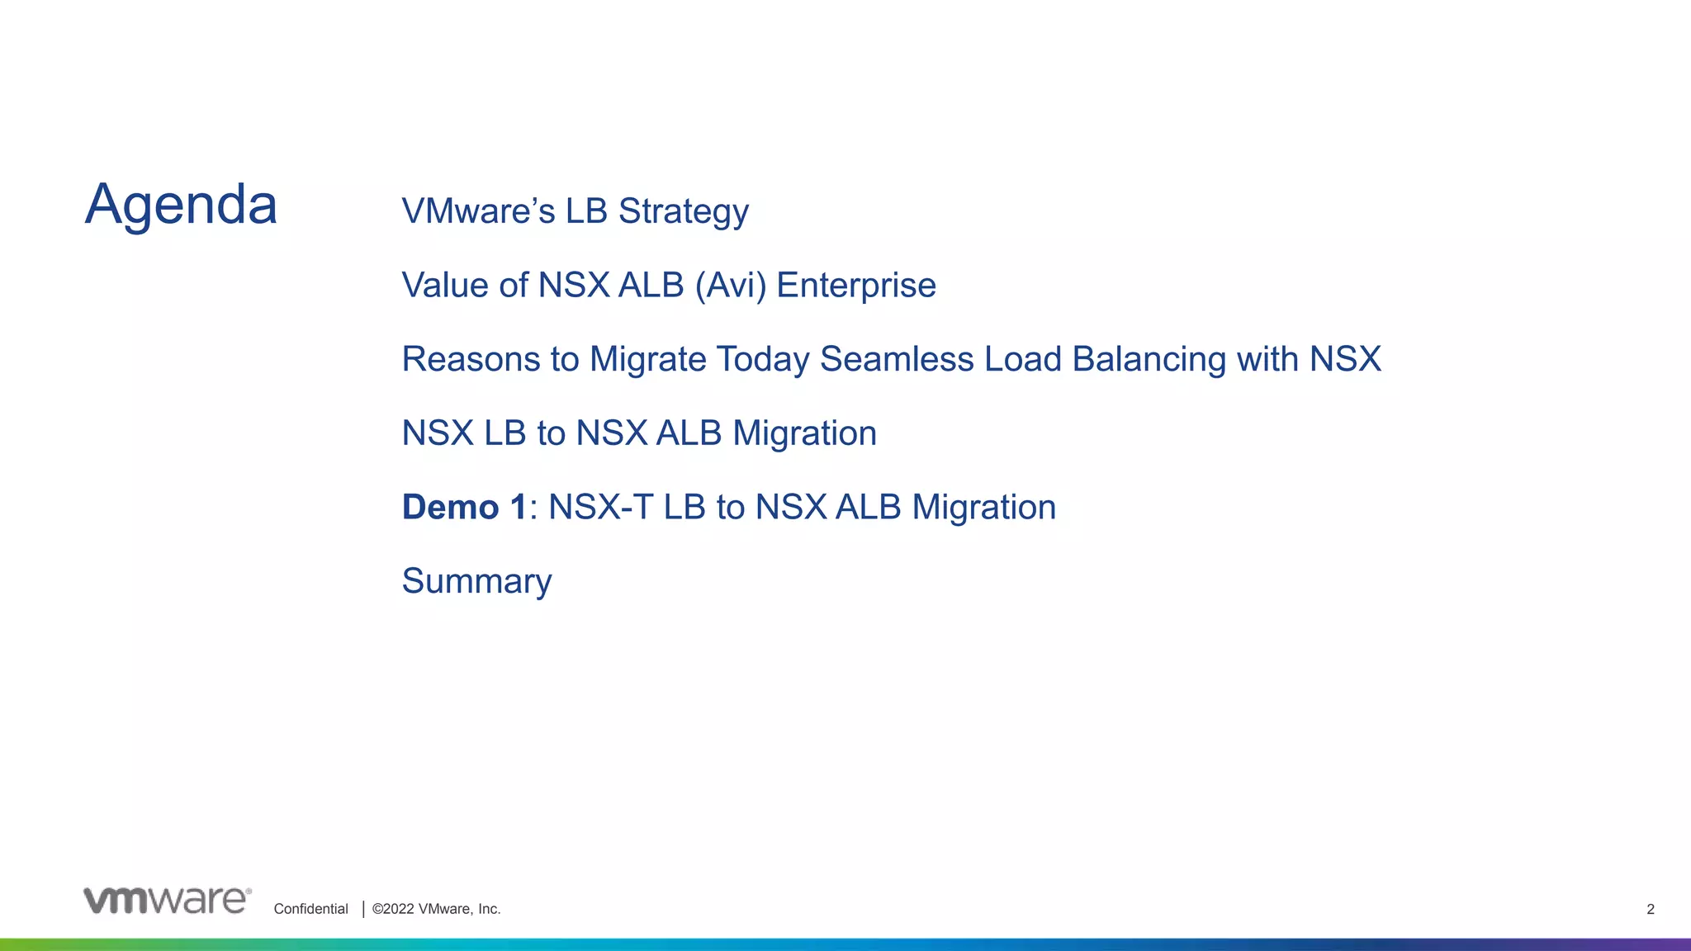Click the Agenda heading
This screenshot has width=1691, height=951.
[181, 205]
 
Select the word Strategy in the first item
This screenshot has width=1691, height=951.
[683, 211]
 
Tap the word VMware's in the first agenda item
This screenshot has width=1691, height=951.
[478, 211]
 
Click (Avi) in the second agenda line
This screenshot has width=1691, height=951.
[730, 286]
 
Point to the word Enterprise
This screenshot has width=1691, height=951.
[855, 286]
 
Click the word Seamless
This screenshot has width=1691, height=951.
[897, 359]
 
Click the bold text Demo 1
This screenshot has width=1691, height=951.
[463, 507]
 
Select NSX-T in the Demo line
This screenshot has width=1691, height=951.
[600, 507]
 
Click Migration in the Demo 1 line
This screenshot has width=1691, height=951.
[983, 507]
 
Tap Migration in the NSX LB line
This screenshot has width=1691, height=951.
[804, 433]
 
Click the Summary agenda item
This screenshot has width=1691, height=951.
[476, 581]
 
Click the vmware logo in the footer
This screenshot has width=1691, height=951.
[167, 901]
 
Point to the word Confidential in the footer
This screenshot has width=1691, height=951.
[310, 909]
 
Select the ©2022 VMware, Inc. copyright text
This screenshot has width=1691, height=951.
[436, 909]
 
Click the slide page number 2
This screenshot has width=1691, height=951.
[1650, 909]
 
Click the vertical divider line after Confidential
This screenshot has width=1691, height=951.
[363, 909]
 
